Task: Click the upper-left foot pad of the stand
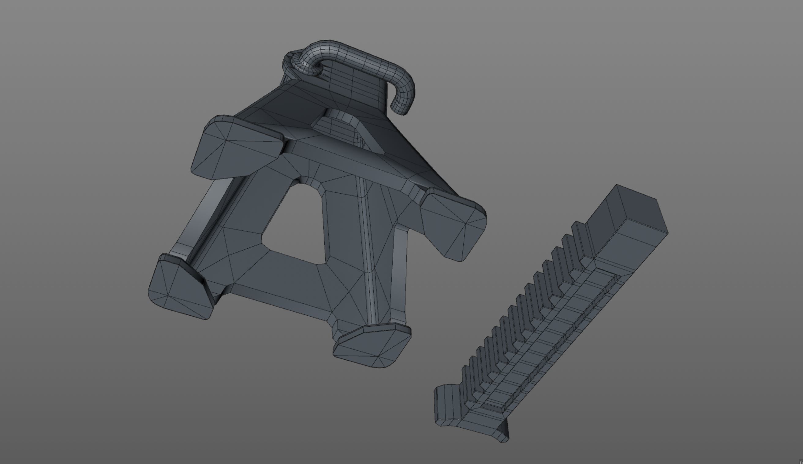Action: pos(236,148)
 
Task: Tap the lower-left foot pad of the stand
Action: pos(180,287)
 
